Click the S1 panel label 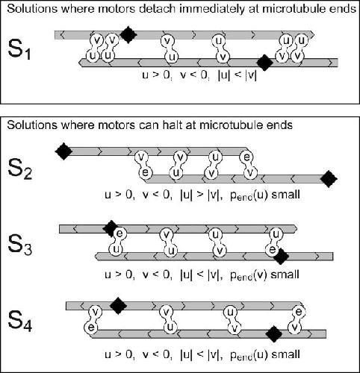(x=19, y=50)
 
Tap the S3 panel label (x=20, y=245)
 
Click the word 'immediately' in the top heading (x=211, y=9)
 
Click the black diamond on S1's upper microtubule (x=128, y=34)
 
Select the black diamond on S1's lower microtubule (x=264, y=63)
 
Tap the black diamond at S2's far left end (x=63, y=151)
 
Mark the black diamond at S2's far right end (x=329, y=178)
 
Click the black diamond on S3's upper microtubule (x=111, y=228)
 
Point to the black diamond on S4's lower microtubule (x=274, y=333)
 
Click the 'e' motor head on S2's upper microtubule (x=246, y=157)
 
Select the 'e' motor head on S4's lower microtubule (x=91, y=327)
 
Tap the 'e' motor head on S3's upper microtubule (x=120, y=233)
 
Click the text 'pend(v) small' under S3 (x=264, y=275)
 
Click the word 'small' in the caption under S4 (x=285, y=354)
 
